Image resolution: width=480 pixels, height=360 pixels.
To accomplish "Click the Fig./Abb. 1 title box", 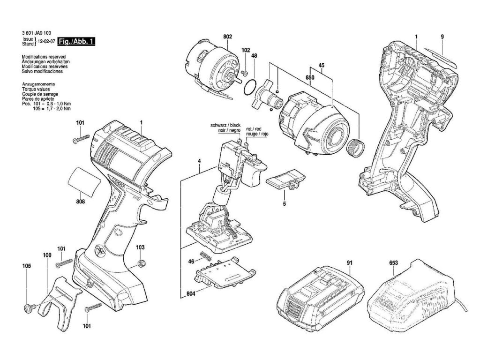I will pos(77,42).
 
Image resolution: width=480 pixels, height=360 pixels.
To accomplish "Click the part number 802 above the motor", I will pos(228,36).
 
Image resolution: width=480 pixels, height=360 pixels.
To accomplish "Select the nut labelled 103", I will pos(140,263).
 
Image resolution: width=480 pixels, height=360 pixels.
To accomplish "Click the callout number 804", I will pos(190,294).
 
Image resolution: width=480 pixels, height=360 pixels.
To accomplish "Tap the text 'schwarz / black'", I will pos(225,126).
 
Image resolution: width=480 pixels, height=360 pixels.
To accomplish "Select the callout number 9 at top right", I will pos(442,37).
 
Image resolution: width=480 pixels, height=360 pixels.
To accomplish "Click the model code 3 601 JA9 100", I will pos(37,33).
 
